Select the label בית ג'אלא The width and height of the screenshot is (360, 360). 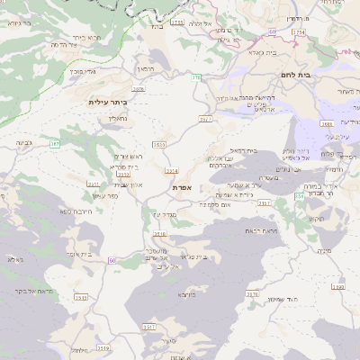pyautogui.click(x=255, y=53)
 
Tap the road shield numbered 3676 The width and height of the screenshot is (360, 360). pyautogui.click(x=138, y=89)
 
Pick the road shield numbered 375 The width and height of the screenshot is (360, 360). pyautogui.click(x=196, y=78)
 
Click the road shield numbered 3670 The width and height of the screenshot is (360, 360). pyautogui.click(x=253, y=293)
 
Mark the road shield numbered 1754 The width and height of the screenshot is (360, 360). pyautogui.click(x=299, y=32)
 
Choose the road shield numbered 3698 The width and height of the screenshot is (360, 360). pyautogui.click(x=337, y=287)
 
